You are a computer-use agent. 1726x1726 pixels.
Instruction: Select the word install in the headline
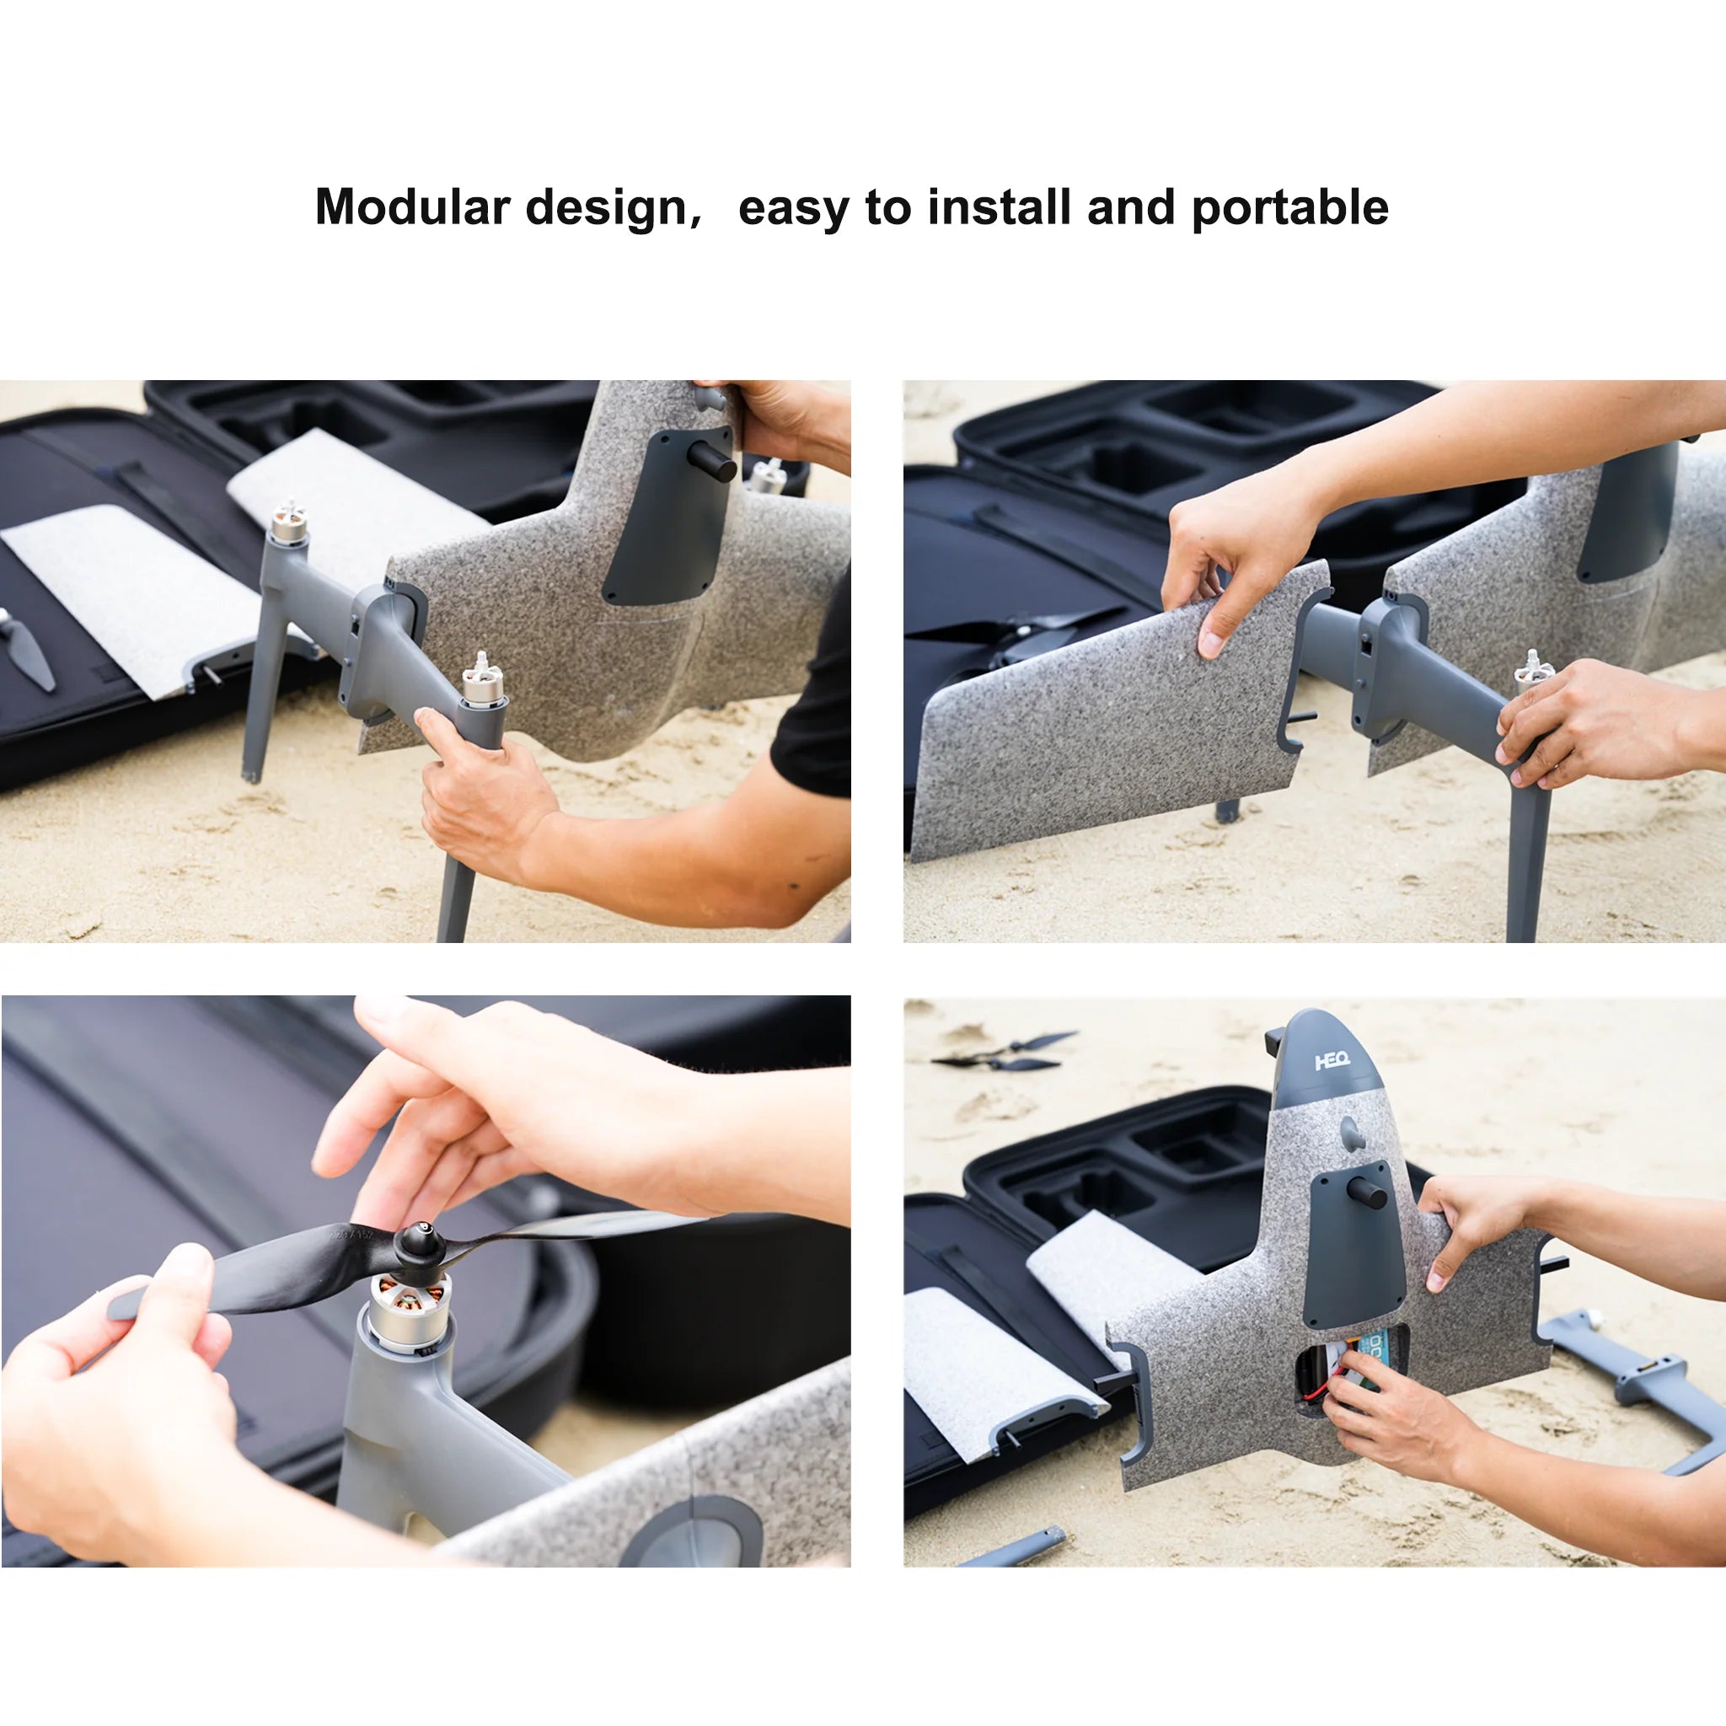[999, 207]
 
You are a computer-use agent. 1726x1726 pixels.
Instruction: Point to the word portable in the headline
[1290, 207]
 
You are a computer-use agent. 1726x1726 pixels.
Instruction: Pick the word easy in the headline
[792, 209]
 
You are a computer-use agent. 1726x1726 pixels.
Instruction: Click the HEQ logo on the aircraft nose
[1332, 1061]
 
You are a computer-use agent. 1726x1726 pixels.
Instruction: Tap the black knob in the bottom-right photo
[1367, 1193]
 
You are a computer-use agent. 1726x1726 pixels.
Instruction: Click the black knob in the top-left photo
[712, 462]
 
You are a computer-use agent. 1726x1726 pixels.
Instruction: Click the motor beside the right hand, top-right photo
[1533, 668]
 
